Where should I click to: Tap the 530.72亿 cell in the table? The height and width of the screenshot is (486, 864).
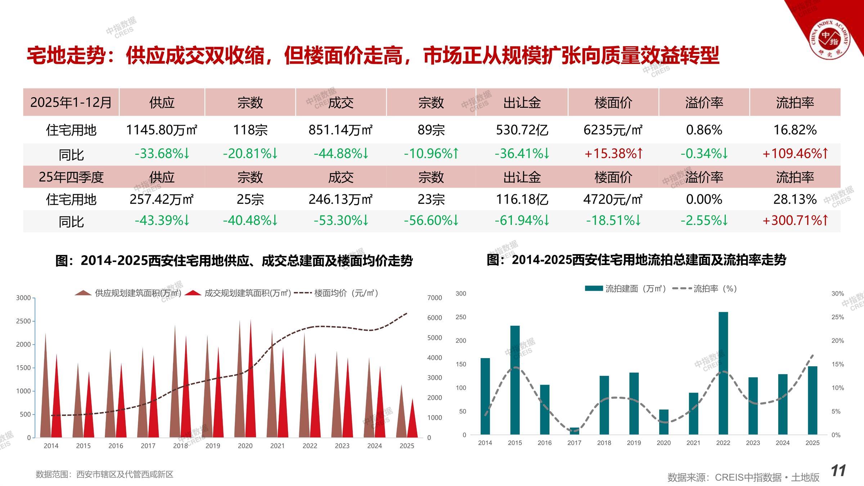[x=522, y=130]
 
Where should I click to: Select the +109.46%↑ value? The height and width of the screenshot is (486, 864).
[x=795, y=154]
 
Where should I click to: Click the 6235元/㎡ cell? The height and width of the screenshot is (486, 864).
[x=613, y=130]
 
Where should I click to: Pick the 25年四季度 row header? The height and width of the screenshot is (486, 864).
[x=71, y=177]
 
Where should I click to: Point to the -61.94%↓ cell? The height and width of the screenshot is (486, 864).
[x=522, y=220]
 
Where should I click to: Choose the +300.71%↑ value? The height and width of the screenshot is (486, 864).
[x=795, y=220]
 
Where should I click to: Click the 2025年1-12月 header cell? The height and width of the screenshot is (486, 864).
[x=71, y=103]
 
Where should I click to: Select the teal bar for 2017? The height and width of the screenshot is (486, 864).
[x=575, y=431]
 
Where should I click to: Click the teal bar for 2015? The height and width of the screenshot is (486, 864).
[x=515, y=380]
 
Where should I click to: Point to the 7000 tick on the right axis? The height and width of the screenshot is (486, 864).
[x=435, y=298]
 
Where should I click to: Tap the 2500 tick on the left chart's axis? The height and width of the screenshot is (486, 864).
[x=23, y=321]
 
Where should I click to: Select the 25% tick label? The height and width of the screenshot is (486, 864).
[x=837, y=317]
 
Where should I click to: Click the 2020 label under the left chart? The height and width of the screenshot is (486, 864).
[x=245, y=446]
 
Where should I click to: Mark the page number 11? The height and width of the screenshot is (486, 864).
[x=838, y=471]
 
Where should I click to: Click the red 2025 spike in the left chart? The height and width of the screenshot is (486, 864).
[x=413, y=421]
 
